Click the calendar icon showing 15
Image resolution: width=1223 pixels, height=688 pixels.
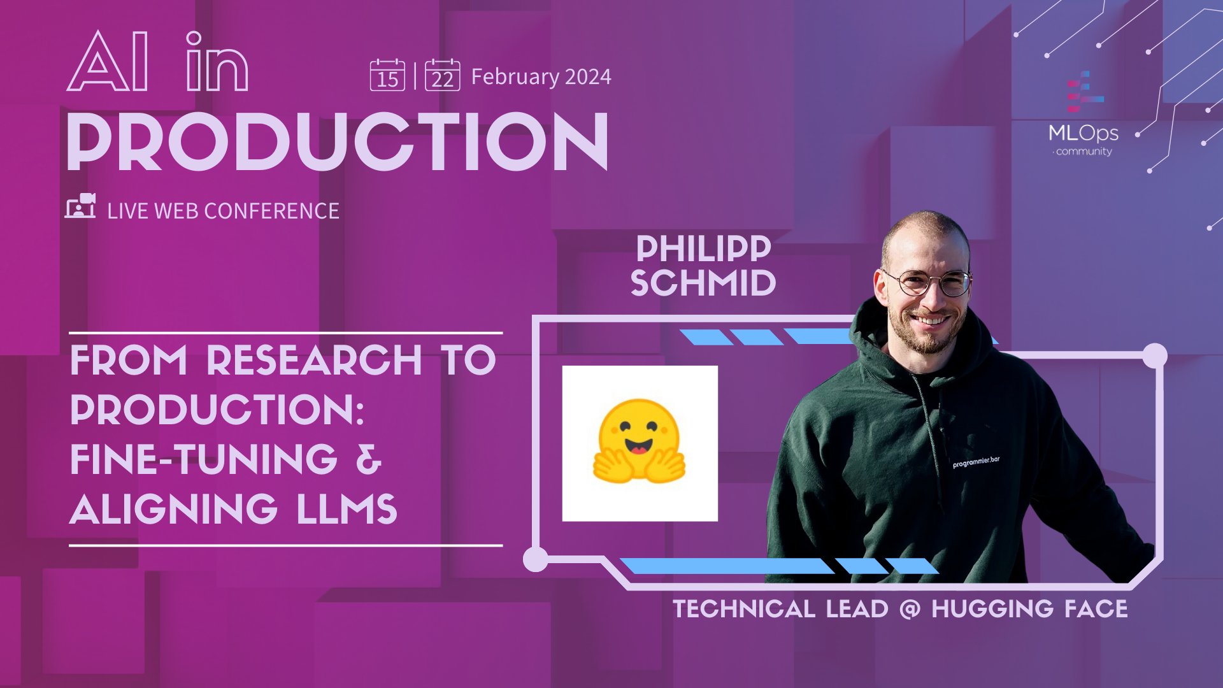click(x=387, y=75)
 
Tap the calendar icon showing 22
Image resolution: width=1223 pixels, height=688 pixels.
click(x=442, y=75)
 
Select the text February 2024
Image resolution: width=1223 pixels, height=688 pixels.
click(x=541, y=77)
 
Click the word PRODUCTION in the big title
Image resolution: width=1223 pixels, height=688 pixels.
click(x=338, y=142)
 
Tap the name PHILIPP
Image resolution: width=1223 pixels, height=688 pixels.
click(x=703, y=248)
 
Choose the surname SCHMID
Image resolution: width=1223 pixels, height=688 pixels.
click(x=703, y=283)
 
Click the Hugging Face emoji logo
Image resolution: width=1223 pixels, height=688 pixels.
click(x=640, y=442)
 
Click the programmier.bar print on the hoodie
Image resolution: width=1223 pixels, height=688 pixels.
click(x=976, y=462)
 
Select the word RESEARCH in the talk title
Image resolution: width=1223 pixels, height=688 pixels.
click(x=314, y=361)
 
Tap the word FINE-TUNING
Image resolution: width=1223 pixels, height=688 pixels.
click(x=204, y=460)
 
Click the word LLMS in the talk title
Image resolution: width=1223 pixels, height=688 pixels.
click(x=347, y=510)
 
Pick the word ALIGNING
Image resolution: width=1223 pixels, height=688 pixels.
click(x=173, y=510)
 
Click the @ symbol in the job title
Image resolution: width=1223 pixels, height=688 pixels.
click(x=910, y=610)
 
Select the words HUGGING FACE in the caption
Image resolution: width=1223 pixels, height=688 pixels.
click(x=1029, y=610)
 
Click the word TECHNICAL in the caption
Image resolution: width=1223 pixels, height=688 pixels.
click(x=744, y=610)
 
